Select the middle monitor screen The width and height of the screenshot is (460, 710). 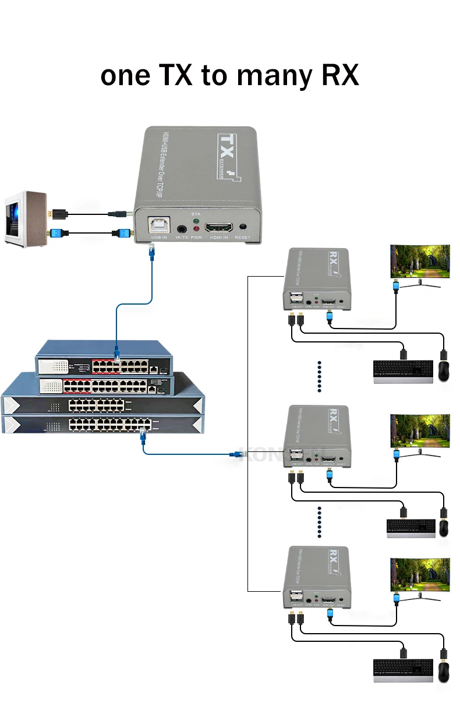[x=420, y=430]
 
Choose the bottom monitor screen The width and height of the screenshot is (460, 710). [x=420, y=575]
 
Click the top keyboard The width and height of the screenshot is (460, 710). [x=403, y=370]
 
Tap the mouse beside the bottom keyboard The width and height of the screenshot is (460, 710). [x=443, y=672]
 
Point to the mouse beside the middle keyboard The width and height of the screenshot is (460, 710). [x=444, y=527]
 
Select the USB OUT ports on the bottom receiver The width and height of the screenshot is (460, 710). [x=295, y=598]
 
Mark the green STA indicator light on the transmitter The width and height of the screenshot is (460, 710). [x=196, y=222]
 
